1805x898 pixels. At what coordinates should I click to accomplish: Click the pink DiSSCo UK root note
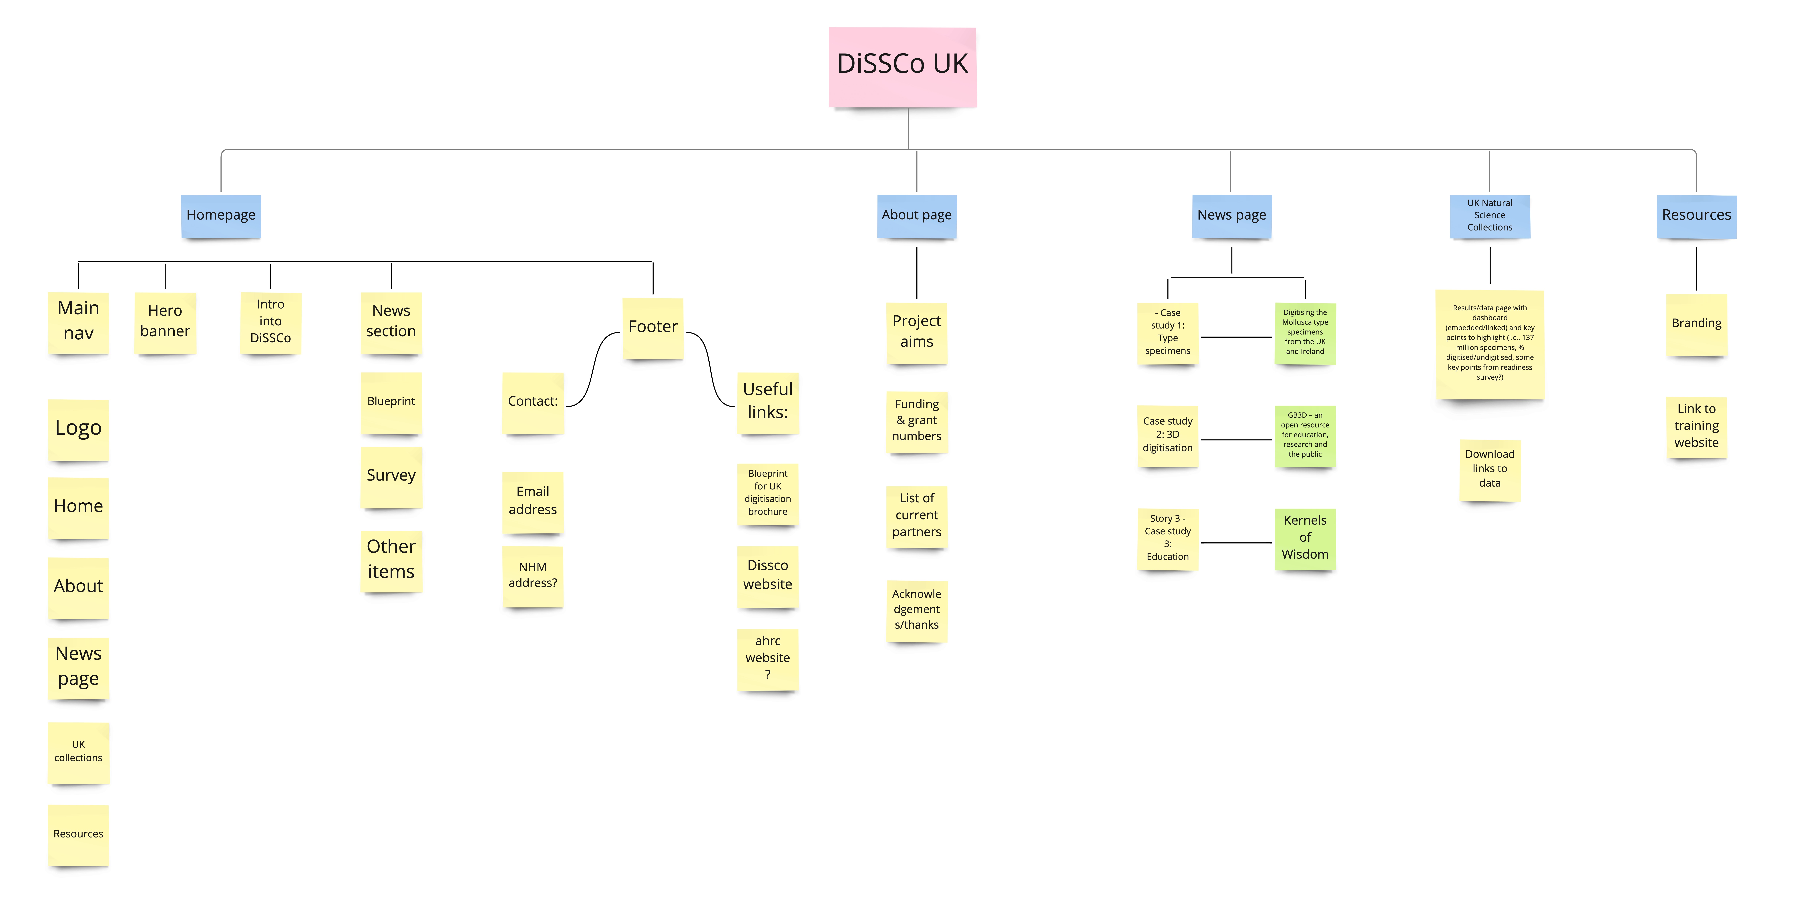(x=903, y=67)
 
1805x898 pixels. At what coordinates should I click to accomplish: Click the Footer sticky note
(x=652, y=327)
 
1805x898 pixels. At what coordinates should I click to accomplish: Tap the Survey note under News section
(x=391, y=476)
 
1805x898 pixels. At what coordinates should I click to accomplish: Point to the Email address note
(x=533, y=501)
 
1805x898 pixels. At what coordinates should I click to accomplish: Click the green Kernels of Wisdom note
(x=1305, y=538)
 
